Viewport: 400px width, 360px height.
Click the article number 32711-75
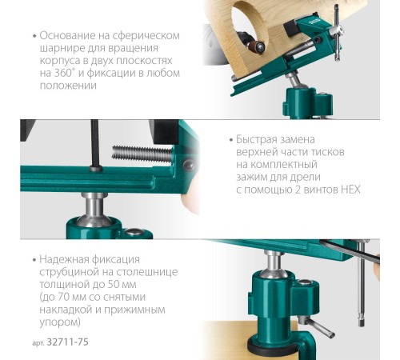tap(67, 342)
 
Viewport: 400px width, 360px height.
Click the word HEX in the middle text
tap(350, 190)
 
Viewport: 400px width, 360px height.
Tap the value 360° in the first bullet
tap(64, 73)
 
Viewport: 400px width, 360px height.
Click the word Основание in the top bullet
tap(67, 35)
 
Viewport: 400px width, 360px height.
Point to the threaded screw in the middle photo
tap(142, 154)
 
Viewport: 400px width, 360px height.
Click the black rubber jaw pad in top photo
tap(292, 29)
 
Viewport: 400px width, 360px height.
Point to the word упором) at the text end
tap(60, 322)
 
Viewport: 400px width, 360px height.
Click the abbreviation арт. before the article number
tap(38, 343)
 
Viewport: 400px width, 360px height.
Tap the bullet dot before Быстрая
tap(231, 140)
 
